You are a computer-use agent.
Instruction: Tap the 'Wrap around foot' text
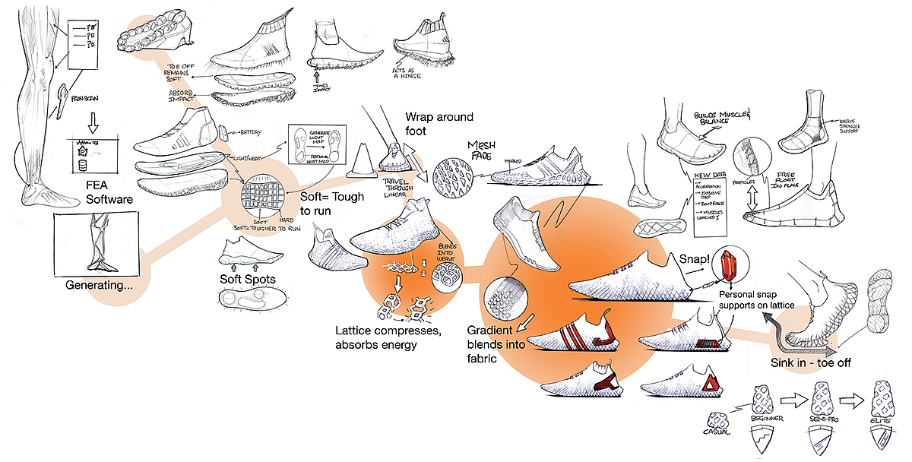[439, 123]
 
